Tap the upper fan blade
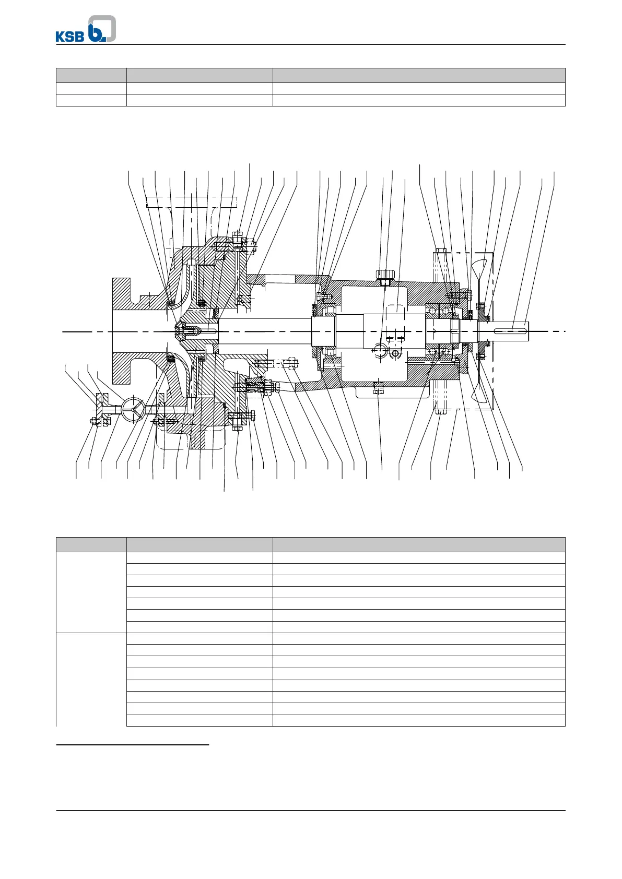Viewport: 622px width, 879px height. (x=481, y=271)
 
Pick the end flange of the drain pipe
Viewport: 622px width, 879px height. (x=99, y=407)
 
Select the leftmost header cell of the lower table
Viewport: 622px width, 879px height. (x=91, y=544)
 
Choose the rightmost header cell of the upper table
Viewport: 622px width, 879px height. (x=418, y=75)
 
